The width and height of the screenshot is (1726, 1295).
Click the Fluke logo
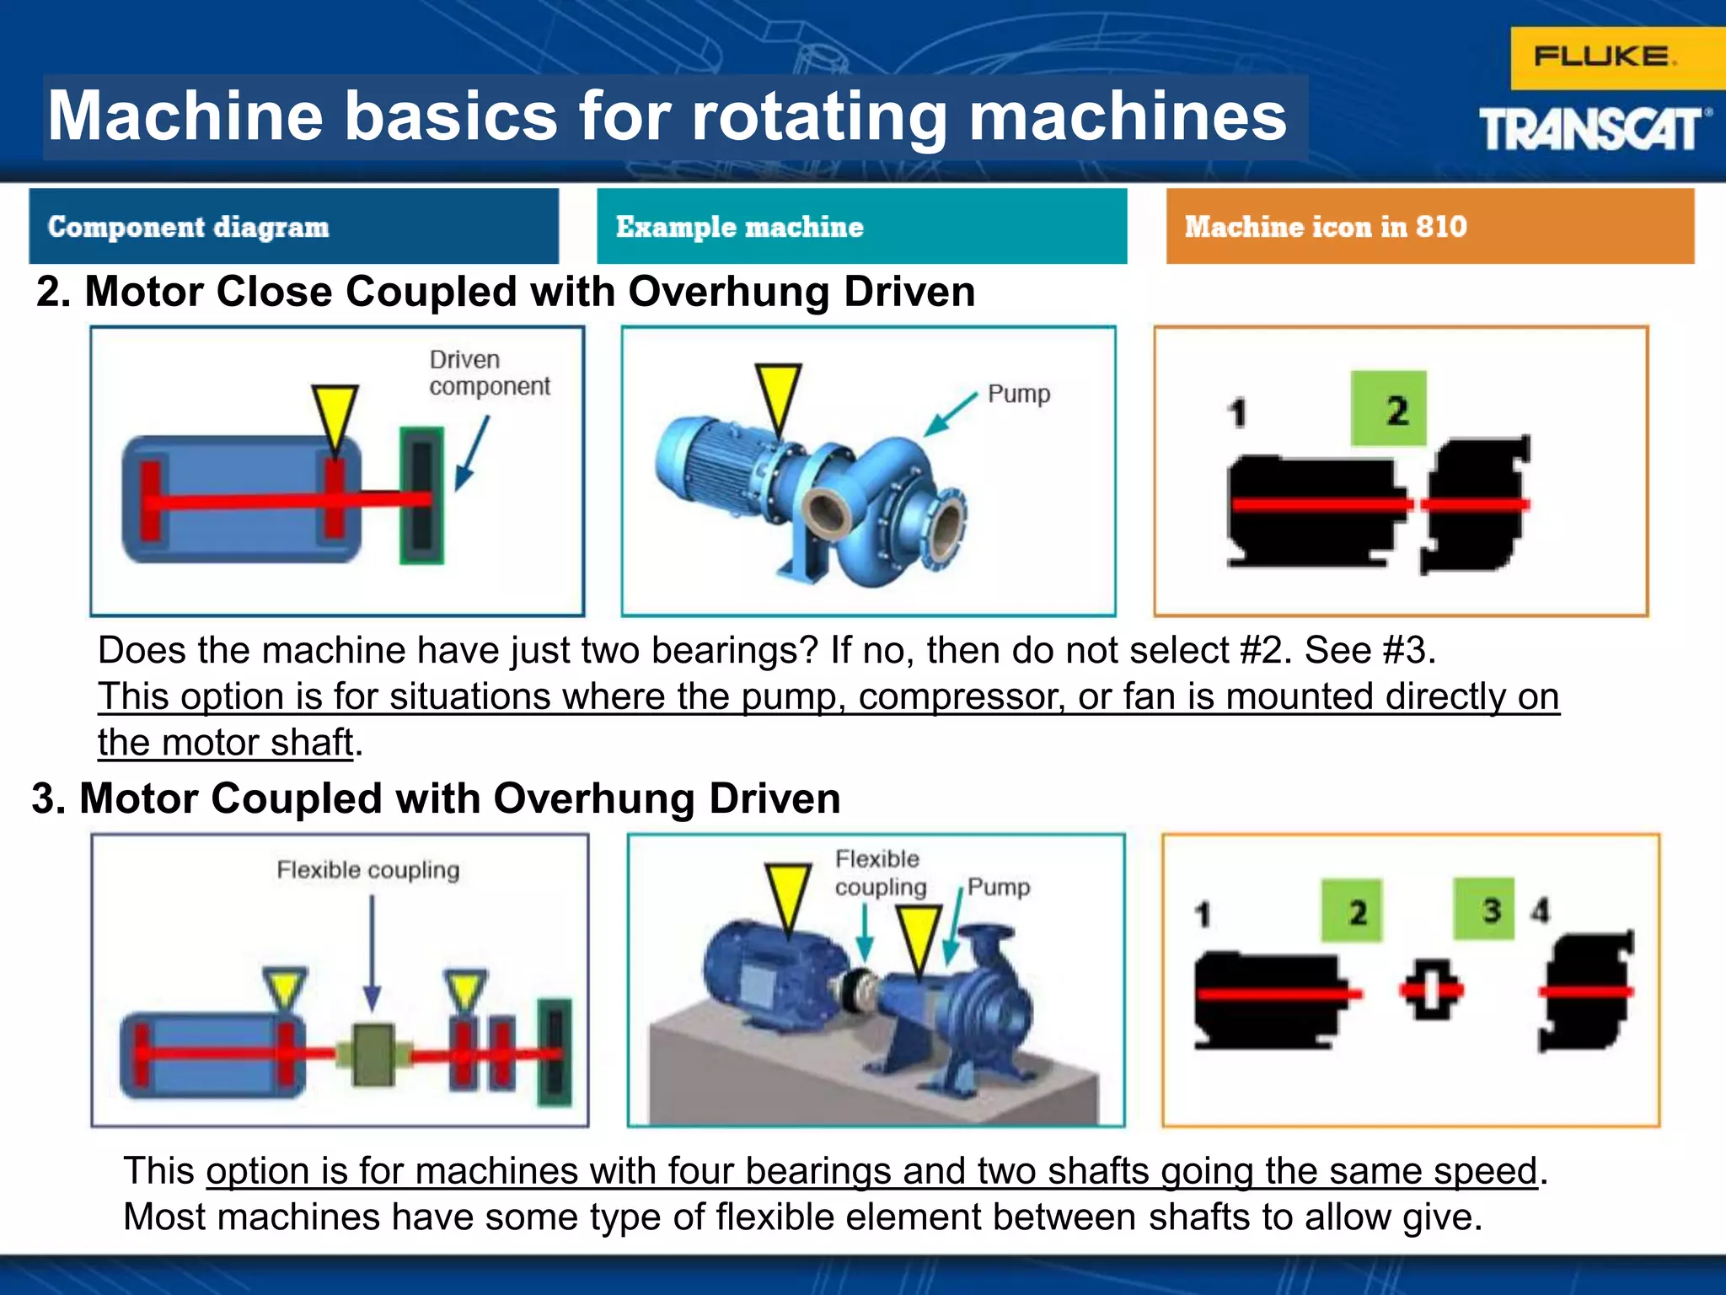(1604, 57)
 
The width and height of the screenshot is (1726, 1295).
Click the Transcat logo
(1594, 130)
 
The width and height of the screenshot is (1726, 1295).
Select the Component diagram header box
(293, 226)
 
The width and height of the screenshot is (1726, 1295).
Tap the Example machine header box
(861, 226)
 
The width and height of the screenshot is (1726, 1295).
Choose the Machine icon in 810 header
(1429, 226)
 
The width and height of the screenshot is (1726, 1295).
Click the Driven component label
(488, 373)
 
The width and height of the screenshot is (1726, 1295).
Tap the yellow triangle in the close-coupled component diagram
(335, 416)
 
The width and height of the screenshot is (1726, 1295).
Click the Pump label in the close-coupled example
(1018, 394)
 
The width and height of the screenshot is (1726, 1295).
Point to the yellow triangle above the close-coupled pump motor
(777, 395)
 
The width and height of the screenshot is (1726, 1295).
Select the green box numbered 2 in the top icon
(1388, 409)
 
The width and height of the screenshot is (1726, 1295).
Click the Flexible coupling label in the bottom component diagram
(368, 869)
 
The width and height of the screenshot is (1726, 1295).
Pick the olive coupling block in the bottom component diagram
(373, 1054)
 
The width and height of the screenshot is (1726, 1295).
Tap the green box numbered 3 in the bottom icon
(1484, 909)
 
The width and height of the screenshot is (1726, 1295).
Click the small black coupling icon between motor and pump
(1431, 989)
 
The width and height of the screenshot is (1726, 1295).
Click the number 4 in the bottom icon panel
(1541, 911)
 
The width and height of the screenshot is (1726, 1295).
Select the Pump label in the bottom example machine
(999, 886)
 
